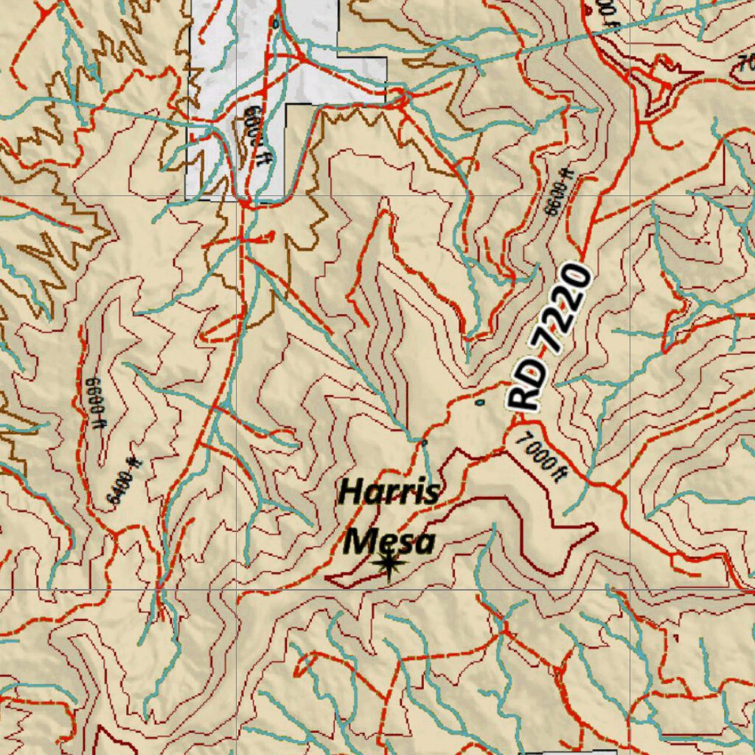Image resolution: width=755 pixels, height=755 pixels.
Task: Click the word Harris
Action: coord(389,492)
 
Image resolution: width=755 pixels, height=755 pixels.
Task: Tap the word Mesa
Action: coord(390,542)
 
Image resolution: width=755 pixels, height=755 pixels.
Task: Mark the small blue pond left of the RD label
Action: coord(480,403)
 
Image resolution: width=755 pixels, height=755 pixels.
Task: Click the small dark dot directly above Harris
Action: coord(424,442)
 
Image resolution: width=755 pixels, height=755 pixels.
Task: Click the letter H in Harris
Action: coord(349,493)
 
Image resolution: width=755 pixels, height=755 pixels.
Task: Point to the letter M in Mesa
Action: coord(359,543)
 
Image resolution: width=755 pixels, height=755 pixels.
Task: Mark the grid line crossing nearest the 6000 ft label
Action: coord(237,197)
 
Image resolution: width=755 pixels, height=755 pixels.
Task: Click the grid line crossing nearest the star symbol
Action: coord(237,590)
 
